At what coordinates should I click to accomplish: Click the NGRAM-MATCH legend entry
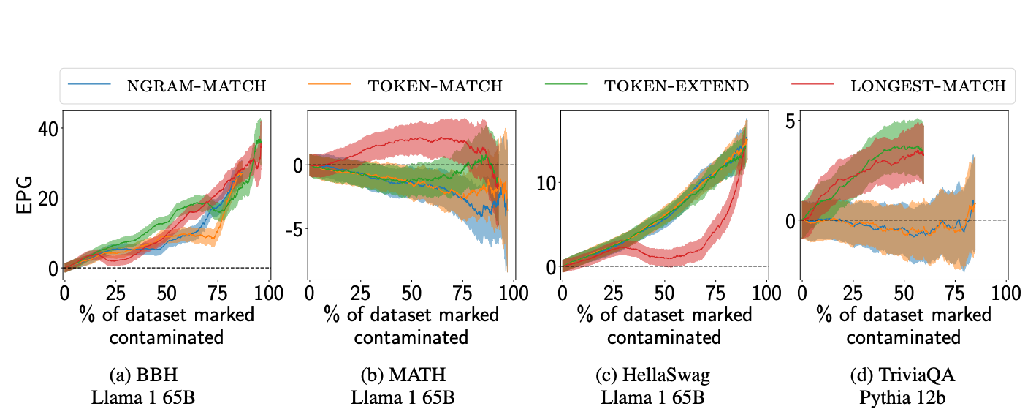pos(197,86)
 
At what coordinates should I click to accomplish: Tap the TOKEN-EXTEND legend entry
pos(676,86)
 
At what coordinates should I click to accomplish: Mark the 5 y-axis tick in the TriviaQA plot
pos(792,119)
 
